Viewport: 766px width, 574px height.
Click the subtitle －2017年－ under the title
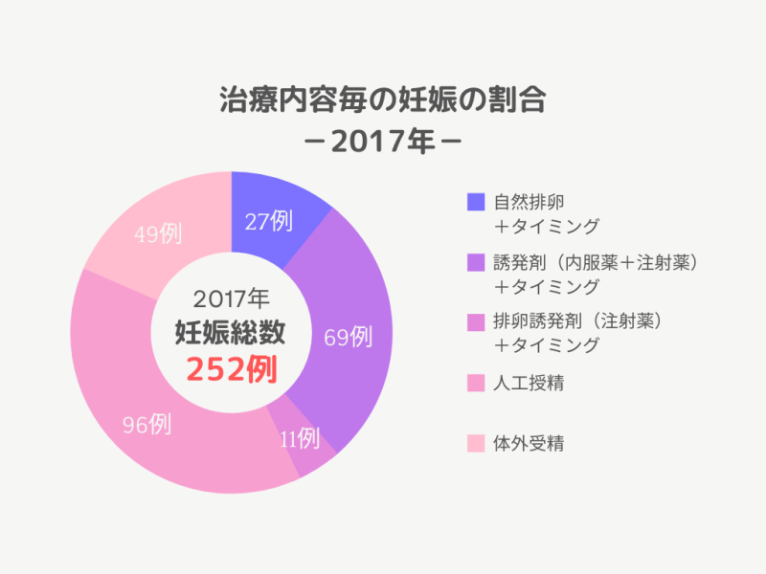point(382,143)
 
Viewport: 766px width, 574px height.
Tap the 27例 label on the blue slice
point(268,221)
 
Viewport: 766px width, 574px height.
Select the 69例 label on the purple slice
point(348,336)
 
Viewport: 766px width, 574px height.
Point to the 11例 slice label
point(299,439)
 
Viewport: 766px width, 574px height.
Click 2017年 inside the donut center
point(231,297)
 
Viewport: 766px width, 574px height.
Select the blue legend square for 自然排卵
point(476,203)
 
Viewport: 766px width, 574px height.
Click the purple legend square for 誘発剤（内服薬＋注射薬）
point(476,262)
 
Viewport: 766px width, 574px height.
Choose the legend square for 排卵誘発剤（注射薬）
point(476,320)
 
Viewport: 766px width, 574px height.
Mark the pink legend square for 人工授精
point(476,385)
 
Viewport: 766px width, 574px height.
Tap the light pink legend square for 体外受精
point(476,444)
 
